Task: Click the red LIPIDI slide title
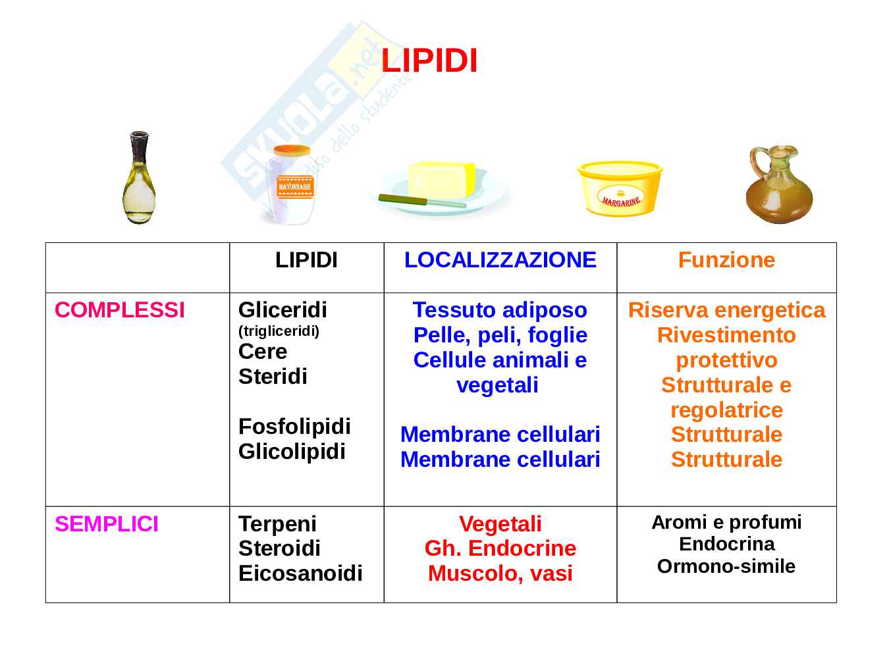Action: [429, 61]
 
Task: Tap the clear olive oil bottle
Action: [139, 180]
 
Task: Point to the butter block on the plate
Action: [441, 178]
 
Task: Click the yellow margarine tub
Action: [619, 188]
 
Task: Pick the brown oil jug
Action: [778, 186]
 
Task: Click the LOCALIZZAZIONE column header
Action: [500, 260]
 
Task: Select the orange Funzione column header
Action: [726, 260]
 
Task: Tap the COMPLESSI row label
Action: [120, 310]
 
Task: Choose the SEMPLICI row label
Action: [107, 524]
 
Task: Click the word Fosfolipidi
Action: [294, 427]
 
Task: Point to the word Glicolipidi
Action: [292, 452]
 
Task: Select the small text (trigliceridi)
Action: [279, 331]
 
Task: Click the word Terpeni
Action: [277, 524]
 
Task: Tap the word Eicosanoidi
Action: [300, 574]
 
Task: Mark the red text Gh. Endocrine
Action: [500, 548]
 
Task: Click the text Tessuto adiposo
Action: [500, 310]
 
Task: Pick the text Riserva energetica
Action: [726, 310]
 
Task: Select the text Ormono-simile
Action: [726, 566]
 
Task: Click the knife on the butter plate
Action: [421, 200]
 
